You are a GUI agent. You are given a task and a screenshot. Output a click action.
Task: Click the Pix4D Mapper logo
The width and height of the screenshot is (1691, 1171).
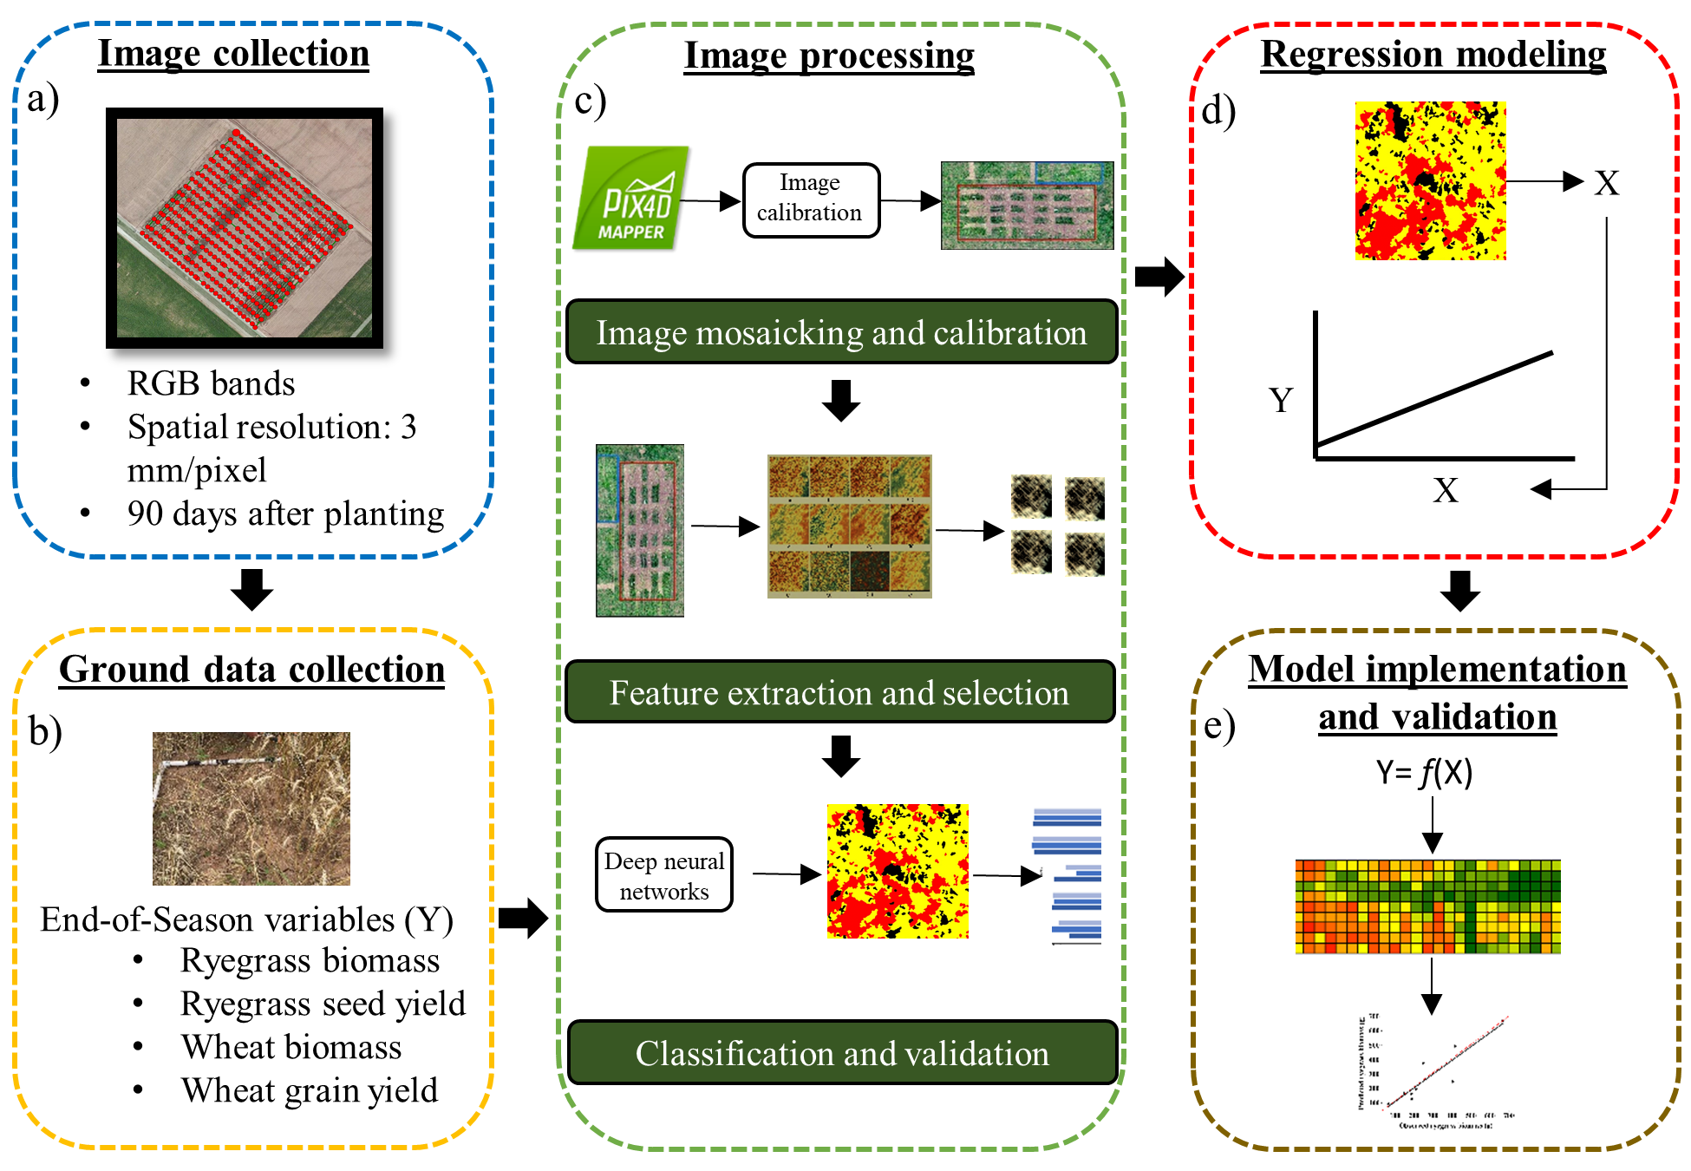(x=632, y=198)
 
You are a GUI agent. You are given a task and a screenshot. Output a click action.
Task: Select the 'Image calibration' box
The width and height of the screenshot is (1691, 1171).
(x=810, y=199)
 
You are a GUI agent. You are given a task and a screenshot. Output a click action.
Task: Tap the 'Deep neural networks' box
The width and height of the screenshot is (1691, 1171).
(x=664, y=875)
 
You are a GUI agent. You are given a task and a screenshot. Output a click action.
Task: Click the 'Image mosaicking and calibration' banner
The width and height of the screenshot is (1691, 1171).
(x=840, y=333)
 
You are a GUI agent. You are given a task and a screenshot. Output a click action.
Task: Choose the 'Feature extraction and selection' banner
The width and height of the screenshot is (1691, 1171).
(x=839, y=693)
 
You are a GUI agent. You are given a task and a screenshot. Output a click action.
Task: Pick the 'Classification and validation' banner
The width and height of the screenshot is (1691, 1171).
(x=841, y=1053)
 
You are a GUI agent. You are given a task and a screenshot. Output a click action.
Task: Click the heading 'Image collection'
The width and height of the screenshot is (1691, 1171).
(x=233, y=54)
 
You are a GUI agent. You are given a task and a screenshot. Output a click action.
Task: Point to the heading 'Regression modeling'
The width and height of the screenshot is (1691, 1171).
(x=1433, y=55)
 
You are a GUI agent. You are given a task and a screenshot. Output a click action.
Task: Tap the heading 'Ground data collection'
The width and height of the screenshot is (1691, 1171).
(x=251, y=670)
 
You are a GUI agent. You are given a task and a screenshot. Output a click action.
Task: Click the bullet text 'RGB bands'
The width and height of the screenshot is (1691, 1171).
(x=211, y=383)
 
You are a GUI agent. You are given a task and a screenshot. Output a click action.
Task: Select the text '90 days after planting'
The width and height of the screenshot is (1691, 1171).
(x=285, y=514)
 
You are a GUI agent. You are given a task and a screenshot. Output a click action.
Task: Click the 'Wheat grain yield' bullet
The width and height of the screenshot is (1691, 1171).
(x=309, y=1090)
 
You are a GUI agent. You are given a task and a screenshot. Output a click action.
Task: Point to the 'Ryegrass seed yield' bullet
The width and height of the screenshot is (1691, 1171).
(x=323, y=1004)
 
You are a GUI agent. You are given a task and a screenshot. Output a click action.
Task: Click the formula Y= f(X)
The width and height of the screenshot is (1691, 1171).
(x=1424, y=772)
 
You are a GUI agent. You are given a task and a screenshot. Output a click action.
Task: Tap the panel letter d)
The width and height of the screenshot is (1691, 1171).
(x=1218, y=111)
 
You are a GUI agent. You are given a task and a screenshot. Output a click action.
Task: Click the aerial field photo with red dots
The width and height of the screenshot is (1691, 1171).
(x=245, y=227)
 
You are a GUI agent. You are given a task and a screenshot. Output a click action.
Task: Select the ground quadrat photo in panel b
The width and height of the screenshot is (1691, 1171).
(x=251, y=808)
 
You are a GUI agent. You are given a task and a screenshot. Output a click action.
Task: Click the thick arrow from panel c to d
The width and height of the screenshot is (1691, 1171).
(x=1159, y=277)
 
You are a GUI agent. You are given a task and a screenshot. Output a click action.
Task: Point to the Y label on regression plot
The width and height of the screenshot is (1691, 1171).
(x=1281, y=400)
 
